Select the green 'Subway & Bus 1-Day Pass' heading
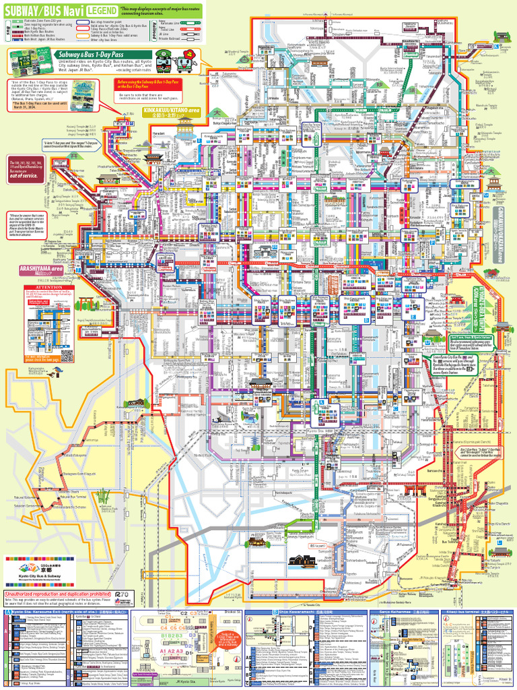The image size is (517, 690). point(80,53)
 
